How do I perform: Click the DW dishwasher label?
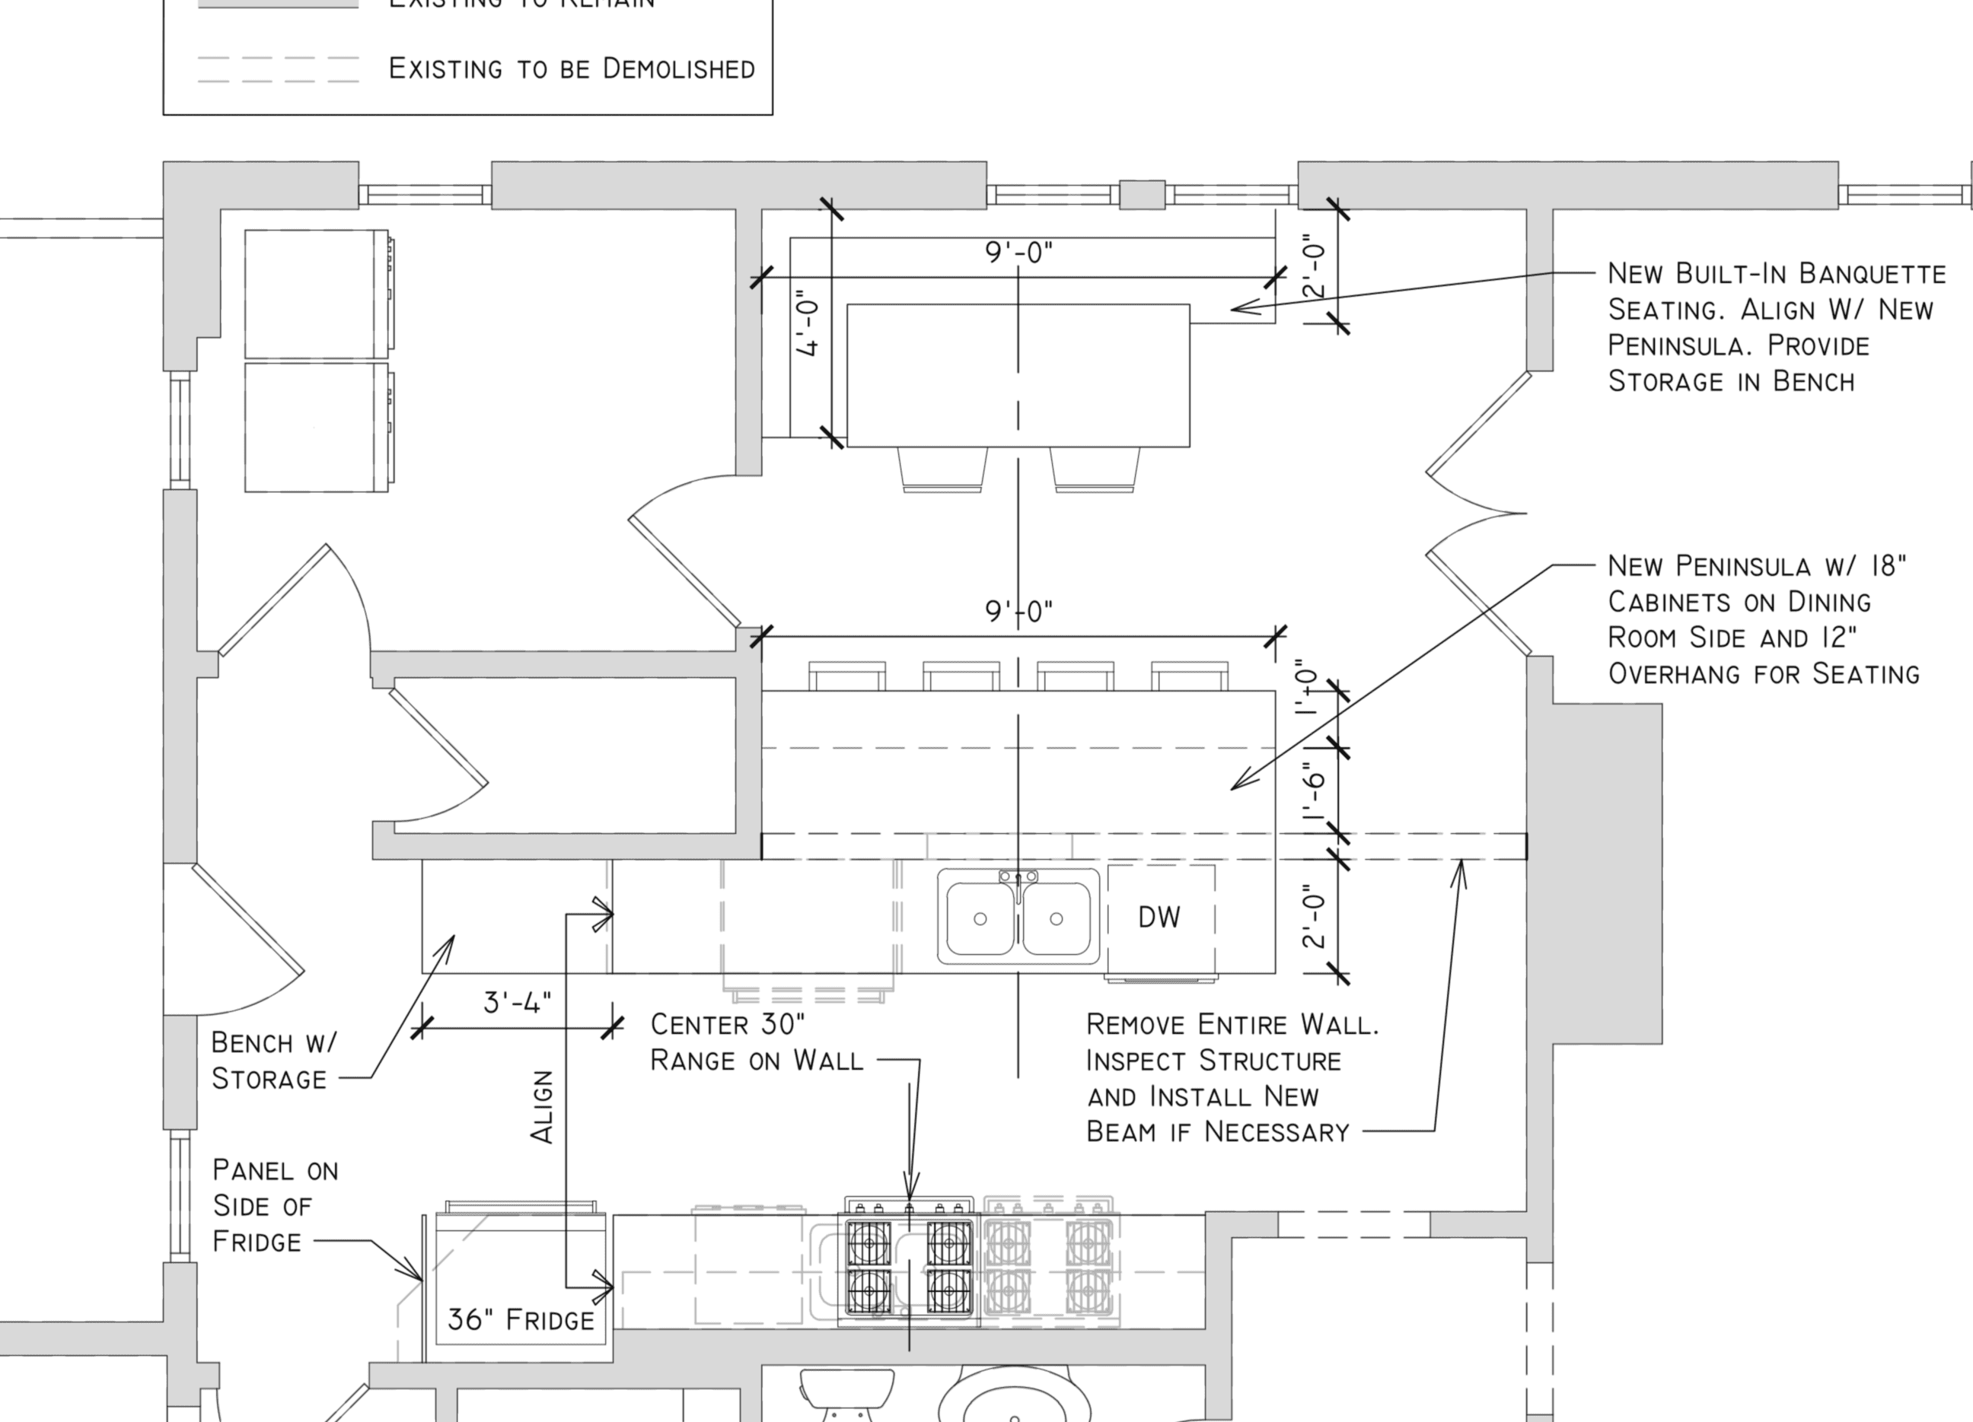(x=1159, y=917)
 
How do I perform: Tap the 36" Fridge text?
(x=520, y=1319)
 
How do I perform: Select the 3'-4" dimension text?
(x=517, y=1003)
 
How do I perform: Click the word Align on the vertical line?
(x=542, y=1106)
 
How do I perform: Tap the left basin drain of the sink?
(x=980, y=919)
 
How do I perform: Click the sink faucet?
(x=1018, y=880)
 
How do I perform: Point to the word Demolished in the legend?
(x=678, y=68)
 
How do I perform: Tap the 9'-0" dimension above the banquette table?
(x=1018, y=253)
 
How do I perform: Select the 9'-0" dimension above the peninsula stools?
(x=1018, y=612)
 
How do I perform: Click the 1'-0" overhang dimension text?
(x=1308, y=687)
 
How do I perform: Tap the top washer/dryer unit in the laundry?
(x=317, y=294)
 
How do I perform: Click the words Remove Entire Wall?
(x=1232, y=1025)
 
